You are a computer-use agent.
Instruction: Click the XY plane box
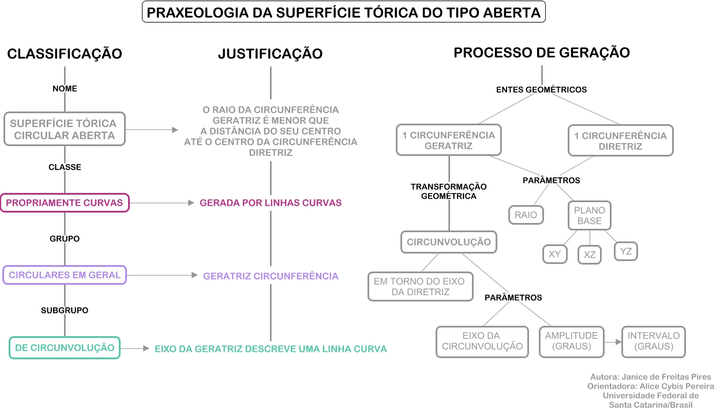pos(554,254)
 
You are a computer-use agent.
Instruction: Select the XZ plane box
pos(590,255)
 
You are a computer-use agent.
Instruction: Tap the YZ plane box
pos(626,251)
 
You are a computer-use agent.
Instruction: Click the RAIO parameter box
pos(526,215)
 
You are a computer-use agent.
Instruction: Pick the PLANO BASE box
pos(588,215)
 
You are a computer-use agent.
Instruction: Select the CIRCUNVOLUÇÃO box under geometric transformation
pos(449,242)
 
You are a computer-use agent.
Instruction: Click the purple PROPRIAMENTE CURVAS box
pos(65,203)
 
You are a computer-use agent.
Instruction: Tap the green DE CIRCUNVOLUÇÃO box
pos(65,348)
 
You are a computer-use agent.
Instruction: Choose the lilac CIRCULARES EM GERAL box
pos(65,275)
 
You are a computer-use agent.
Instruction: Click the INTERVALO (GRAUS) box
pos(654,341)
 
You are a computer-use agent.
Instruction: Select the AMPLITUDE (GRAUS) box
pos(571,341)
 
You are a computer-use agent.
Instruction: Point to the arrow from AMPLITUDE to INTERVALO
pos(613,342)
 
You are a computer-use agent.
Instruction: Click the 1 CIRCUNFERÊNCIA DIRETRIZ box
pos(620,141)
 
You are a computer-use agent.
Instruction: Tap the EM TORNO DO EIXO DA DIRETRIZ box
pos(420,287)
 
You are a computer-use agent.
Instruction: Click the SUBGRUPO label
pos(65,310)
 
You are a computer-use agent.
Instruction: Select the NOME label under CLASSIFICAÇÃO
pos(65,88)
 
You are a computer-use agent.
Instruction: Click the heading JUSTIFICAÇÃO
pos(270,54)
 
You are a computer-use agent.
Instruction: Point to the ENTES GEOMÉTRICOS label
pos(541,90)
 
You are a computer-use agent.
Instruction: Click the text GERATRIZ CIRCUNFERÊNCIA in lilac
pos(271,276)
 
